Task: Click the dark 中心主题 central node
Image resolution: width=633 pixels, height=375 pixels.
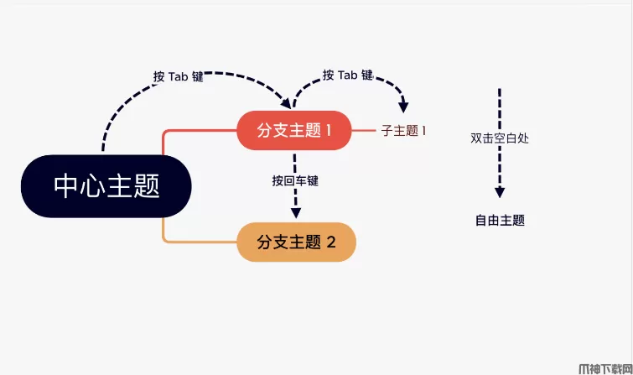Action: pos(106,186)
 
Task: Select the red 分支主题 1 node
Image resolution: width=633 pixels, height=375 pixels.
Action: pos(293,130)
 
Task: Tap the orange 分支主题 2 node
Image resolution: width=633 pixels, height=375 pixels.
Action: pos(296,242)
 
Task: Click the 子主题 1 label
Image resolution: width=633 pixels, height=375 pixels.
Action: pos(404,131)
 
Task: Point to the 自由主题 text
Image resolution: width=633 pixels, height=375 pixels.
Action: pos(500,221)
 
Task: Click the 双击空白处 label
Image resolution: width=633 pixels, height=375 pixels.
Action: pos(500,138)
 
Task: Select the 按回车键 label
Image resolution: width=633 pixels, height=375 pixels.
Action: pos(295,180)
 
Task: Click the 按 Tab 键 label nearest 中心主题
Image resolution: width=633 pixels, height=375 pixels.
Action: pos(178,76)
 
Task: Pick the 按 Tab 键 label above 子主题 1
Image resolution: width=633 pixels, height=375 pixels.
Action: pos(347,75)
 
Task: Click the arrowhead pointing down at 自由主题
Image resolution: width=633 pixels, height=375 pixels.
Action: pos(500,193)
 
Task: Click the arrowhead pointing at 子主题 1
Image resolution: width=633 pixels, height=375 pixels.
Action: pos(403,107)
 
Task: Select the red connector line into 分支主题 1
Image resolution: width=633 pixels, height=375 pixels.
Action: pos(201,131)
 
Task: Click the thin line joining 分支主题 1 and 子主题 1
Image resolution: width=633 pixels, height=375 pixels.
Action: pos(362,131)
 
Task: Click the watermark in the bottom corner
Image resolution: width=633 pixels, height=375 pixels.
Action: pos(604,367)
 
